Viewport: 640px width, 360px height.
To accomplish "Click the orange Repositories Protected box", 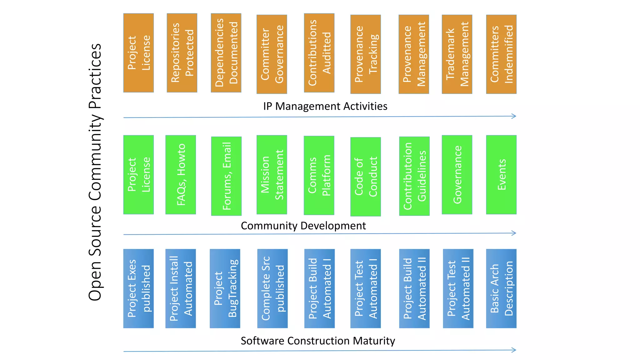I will [182, 53].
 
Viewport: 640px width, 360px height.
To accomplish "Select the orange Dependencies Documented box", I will [226, 53].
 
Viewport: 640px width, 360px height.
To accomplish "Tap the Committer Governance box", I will [272, 54].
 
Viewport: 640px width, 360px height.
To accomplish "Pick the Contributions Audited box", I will [319, 53].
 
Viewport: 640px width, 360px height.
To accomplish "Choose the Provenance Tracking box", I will [365, 54].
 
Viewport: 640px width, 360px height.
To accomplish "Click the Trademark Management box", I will [457, 54].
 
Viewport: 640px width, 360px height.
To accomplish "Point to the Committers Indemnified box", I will [501, 54].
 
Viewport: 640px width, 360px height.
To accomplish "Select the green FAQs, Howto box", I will [181, 175].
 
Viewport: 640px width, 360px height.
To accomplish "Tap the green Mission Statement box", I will [272, 175].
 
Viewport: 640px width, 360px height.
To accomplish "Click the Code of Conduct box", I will [365, 177].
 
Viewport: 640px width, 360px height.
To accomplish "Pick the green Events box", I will [501, 175].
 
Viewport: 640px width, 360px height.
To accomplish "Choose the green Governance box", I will [457, 175].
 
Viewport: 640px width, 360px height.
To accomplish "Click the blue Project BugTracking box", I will [225, 288].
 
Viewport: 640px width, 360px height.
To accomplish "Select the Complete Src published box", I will [272, 288].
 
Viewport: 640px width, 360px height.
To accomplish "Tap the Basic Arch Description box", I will [501, 288].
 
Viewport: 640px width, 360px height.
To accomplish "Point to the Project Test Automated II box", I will [458, 288].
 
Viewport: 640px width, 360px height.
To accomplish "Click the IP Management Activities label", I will [325, 106].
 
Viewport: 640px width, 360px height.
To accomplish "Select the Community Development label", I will [303, 226].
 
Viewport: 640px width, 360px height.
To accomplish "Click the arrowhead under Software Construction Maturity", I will [514, 350].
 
